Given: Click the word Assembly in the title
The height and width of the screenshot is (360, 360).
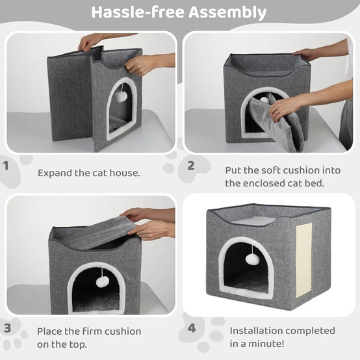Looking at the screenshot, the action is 227,12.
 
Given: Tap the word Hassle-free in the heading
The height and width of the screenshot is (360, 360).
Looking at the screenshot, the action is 138,12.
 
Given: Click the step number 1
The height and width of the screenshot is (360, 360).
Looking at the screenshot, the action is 6,166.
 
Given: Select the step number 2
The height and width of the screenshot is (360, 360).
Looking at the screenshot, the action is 191,166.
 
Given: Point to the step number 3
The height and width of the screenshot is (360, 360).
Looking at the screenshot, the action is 7,328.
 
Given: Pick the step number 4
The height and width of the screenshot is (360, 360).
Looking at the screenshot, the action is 192,328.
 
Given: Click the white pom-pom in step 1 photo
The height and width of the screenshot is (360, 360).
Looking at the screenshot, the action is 120,97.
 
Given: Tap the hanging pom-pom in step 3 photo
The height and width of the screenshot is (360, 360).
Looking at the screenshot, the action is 103,281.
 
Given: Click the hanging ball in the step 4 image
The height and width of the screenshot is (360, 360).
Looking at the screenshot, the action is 253,259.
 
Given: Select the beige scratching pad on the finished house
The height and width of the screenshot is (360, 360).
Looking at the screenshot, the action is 303,260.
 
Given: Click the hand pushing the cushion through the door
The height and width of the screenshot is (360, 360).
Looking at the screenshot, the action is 284,109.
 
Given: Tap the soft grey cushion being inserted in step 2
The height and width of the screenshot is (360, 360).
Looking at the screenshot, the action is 275,124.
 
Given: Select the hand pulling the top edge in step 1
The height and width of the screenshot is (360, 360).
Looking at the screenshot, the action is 90,43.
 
